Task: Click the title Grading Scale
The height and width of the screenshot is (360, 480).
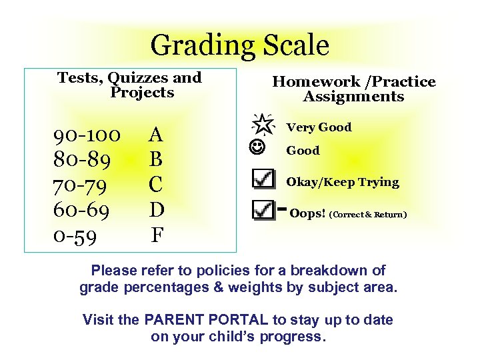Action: click(240, 45)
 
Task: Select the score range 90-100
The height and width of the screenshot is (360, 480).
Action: click(87, 135)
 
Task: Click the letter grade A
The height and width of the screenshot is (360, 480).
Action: click(156, 135)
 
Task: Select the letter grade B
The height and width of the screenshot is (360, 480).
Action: click(156, 160)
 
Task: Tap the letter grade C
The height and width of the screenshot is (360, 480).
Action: click(156, 185)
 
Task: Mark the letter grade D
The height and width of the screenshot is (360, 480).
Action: click(157, 209)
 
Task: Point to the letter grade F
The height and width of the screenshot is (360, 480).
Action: click(157, 235)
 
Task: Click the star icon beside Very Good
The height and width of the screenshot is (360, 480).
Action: click(263, 123)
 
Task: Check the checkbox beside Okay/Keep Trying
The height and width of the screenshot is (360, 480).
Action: click(264, 179)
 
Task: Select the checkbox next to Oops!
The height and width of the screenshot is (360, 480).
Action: click(264, 211)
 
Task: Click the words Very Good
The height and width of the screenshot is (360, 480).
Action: click(319, 127)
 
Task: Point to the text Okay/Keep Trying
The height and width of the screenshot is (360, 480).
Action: click(343, 182)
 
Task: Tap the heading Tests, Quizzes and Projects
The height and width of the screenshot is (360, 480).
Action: click(129, 85)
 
